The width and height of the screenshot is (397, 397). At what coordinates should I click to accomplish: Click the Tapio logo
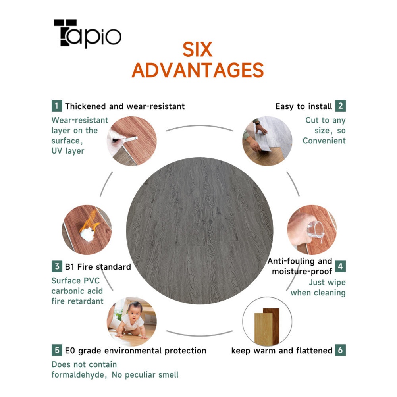[87, 34]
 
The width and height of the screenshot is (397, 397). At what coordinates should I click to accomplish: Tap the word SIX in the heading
[197, 50]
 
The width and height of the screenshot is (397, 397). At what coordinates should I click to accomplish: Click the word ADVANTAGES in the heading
[198, 70]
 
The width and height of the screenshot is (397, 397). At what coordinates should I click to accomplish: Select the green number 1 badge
[57, 106]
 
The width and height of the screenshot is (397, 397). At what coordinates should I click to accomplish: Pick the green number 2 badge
[341, 106]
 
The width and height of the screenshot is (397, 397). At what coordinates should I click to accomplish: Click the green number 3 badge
[57, 266]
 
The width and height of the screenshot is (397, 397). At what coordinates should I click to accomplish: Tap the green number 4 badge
[341, 266]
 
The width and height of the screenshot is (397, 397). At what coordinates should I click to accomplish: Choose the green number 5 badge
[57, 350]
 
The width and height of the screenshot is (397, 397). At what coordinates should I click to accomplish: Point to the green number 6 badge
[341, 350]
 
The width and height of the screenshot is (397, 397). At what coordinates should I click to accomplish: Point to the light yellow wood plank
[263, 328]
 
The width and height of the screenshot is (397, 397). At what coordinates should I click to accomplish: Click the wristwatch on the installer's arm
[258, 123]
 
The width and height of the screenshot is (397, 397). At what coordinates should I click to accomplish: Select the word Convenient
[324, 141]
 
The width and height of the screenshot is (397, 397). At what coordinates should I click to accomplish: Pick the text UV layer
[68, 151]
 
